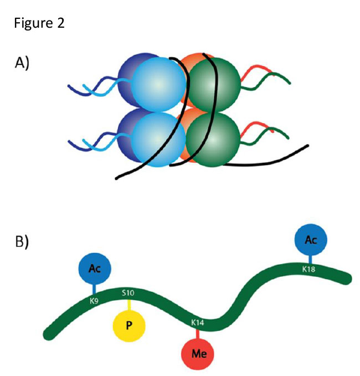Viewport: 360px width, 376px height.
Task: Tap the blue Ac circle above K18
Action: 311,240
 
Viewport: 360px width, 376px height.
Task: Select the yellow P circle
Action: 128,325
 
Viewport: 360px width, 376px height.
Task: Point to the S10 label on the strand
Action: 128,292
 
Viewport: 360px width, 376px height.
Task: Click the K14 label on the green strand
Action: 198,322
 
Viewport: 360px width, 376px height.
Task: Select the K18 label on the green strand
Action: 310,269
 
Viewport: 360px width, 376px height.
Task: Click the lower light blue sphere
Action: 158,137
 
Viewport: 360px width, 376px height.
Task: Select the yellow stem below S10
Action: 128,305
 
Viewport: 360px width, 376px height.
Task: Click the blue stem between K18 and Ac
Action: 310,259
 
